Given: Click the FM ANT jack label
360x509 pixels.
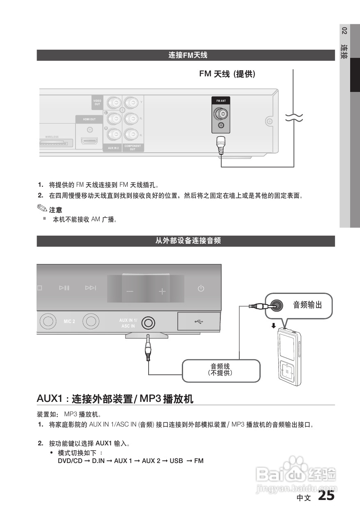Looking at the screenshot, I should pos(221,101).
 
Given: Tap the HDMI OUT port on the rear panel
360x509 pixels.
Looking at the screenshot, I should pos(89,141).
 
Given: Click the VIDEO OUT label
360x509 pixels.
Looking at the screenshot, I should pos(97,103).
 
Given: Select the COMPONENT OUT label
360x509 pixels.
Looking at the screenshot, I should pos(133,147).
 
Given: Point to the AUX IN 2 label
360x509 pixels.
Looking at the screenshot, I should pos(113,148).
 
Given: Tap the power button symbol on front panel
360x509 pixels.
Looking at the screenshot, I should pos(201,288).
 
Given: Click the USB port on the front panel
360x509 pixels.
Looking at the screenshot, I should pos(199,321).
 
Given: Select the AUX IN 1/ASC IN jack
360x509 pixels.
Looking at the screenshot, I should pos(148,323).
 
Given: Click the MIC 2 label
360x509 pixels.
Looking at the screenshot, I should pos(69,321).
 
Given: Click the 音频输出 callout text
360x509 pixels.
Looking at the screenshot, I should pos(307,305).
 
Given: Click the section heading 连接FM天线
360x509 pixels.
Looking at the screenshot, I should pos(188,55).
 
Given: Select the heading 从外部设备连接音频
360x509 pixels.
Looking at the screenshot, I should pos(188,241).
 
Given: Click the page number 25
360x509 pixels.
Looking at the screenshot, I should pos(326,496).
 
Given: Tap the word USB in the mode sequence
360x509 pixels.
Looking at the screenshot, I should pos(176,461).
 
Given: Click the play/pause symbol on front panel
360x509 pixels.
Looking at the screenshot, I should pos(64,288).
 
